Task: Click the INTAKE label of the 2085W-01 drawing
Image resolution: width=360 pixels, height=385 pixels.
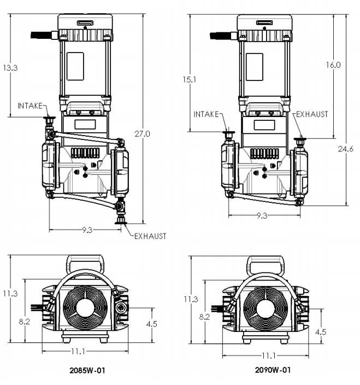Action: coord(29,106)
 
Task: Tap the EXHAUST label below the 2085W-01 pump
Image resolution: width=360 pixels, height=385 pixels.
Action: coord(151,236)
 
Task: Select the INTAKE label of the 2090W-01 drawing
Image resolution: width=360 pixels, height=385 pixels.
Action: coord(206,114)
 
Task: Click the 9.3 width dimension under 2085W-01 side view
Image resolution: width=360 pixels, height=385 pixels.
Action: coord(86,230)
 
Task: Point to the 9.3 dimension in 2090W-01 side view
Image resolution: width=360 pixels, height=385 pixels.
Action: coord(262,215)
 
